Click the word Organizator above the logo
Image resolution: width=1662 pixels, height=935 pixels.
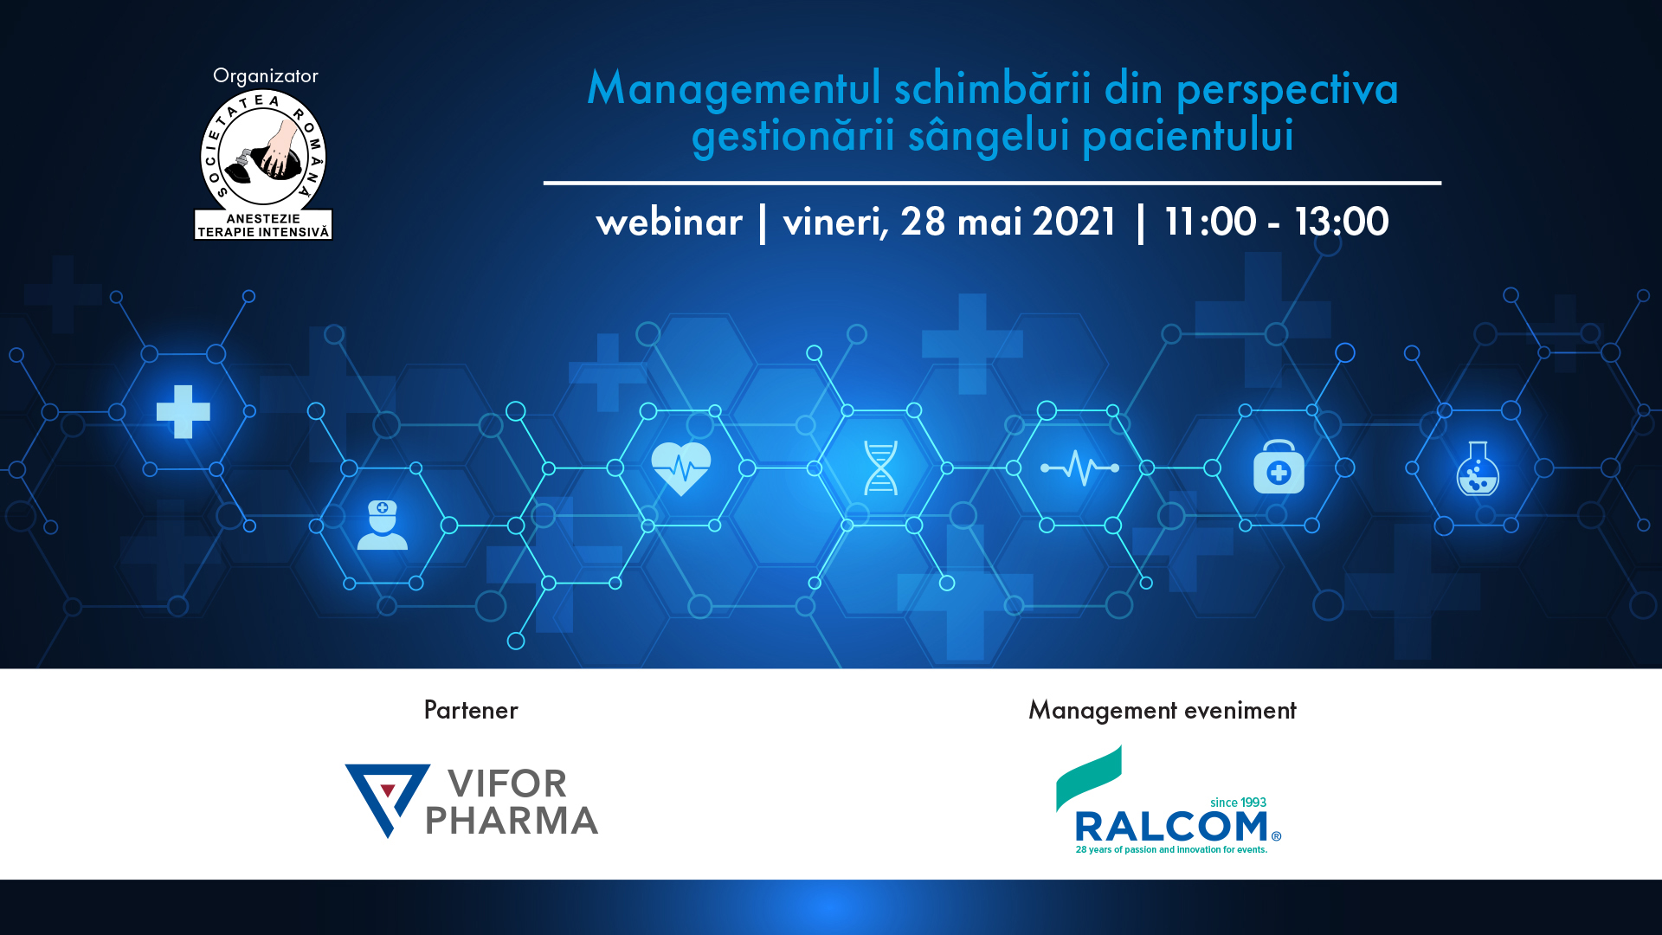point(266,76)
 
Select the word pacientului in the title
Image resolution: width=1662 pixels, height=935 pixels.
point(1188,136)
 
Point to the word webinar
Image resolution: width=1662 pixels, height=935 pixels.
point(669,222)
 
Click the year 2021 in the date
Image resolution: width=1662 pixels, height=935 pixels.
point(1073,222)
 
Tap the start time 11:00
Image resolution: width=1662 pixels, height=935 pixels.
point(1210,222)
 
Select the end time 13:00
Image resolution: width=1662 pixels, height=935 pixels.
point(1342,222)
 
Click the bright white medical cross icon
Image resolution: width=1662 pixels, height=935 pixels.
point(184,411)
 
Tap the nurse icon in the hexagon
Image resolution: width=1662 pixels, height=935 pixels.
point(382,525)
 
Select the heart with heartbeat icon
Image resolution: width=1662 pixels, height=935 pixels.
point(681,468)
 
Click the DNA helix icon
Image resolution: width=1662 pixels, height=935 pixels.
point(880,468)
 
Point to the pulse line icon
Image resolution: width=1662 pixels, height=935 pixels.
point(1079,468)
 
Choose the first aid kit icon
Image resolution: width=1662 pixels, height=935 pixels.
point(1279,467)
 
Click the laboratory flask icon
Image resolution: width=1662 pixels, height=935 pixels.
point(1478,468)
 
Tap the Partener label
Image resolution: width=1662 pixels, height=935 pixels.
point(471,710)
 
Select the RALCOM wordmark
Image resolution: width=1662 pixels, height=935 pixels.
point(1172,828)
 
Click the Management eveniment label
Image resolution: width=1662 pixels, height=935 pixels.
point(1163,711)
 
